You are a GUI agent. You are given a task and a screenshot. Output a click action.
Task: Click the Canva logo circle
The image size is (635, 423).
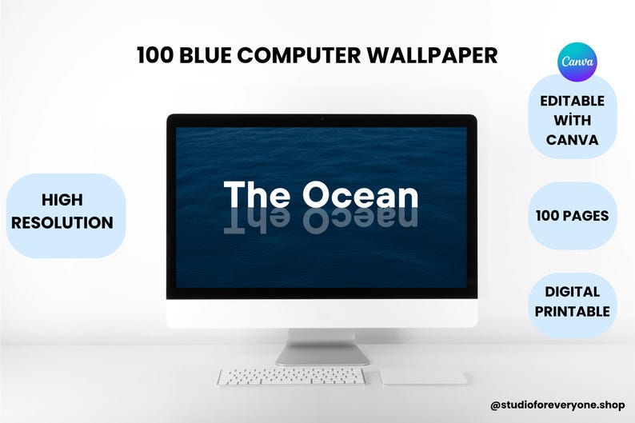[x=576, y=62]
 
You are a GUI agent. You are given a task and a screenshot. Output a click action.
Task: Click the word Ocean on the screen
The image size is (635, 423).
[x=360, y=196]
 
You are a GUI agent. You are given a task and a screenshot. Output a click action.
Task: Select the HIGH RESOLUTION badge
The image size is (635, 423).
[x=62, y=212]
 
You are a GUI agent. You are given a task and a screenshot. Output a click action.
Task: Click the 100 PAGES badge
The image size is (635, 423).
[x=573, y=216]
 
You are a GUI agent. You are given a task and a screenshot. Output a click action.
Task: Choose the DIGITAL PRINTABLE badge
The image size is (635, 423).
[x=573, y=301]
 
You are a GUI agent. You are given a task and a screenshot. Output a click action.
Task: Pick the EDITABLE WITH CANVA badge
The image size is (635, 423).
[x=573, y=120]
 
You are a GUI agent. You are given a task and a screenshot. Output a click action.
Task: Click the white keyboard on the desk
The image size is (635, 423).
[x=291, y=377]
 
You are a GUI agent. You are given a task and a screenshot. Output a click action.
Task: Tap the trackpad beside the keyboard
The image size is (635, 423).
[x=423, y=377]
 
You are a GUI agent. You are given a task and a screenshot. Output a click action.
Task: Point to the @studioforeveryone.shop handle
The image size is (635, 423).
[x=558, y=406]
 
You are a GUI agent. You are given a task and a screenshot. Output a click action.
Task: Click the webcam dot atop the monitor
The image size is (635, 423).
[x=321, y=119]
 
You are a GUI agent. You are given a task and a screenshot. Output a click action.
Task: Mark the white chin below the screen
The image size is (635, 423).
[x=321, y=313]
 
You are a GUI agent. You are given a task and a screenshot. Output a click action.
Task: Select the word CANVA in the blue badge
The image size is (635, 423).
[x=573, y=140]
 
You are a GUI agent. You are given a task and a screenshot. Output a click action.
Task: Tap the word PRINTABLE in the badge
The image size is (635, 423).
[x=573, y=312]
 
